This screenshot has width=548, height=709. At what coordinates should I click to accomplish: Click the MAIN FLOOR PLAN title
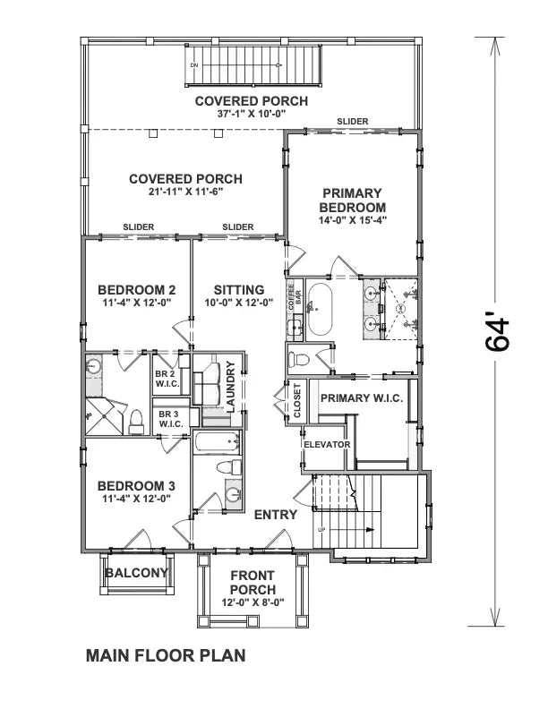(165, 655)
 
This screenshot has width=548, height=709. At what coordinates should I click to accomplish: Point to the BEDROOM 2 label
(136, 290)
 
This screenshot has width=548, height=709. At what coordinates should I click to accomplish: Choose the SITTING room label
(238, 290)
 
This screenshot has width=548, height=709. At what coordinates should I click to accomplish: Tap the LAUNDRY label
(231, 386)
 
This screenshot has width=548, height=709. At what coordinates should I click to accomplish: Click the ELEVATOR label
(326, 444)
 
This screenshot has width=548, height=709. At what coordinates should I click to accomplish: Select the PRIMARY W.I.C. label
(361, 397)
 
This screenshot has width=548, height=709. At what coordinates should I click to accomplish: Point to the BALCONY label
(136, 573)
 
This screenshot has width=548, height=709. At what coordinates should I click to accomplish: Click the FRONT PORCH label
(253, 583)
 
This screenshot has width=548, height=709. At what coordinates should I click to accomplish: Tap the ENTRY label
(276, 515)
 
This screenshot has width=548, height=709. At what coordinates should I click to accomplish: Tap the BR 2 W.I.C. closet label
(167, 380)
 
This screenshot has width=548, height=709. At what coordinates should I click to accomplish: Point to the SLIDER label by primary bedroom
(353, 122)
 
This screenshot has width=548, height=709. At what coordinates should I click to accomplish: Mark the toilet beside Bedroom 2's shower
(136, 420)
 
